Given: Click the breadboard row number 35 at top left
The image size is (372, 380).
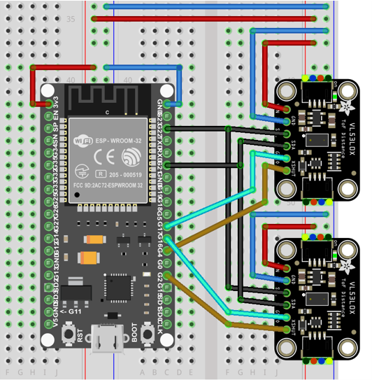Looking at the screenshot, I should (x=70, y=20).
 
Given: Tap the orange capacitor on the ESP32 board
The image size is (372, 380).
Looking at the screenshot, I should (x=92, y=258).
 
